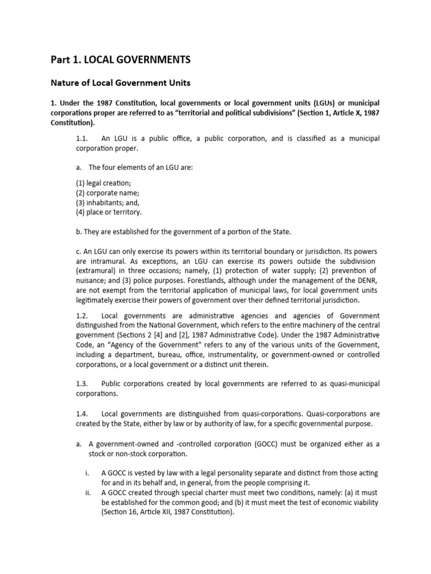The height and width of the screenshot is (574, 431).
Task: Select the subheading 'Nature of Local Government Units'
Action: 121,83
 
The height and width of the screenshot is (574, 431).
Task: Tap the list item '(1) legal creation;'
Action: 100,183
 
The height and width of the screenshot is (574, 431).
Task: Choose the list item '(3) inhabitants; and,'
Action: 108,202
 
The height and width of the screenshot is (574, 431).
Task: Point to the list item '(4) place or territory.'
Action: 108,212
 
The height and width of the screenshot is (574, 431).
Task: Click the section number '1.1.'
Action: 82,138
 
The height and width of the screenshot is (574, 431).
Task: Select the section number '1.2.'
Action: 82,316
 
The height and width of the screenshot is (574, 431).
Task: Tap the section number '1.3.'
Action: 82,383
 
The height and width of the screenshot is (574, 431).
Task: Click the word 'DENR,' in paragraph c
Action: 364,280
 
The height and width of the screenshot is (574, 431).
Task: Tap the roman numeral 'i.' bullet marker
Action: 88,473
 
